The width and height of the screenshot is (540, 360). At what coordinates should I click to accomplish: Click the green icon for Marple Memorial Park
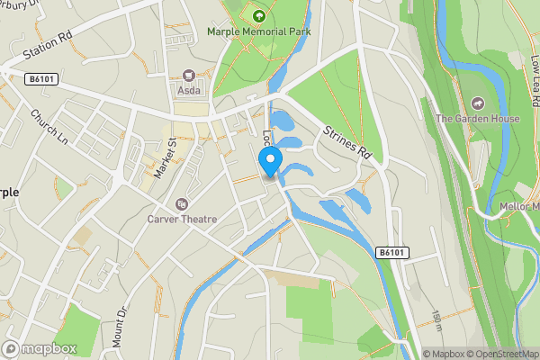(x=259, y=14)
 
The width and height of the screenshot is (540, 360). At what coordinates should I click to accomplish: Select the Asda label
(x=189, y=91)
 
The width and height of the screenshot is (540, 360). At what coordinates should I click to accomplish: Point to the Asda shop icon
(x=189, y=76)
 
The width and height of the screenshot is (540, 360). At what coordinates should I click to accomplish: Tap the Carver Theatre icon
(x=182, y=204)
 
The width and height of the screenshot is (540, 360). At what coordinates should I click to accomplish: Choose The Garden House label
(x=473, y=118)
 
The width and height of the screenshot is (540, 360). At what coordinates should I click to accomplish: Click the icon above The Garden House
(x=473, y=102)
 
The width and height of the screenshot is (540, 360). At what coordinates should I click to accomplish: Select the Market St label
(x=163, y=159)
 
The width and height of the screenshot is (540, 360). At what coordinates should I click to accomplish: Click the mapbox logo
(x=40, y=348)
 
